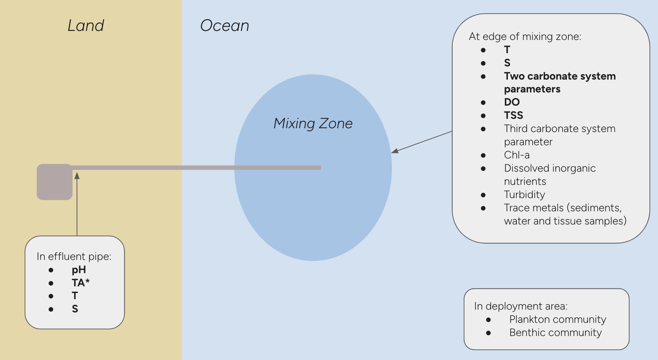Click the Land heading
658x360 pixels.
point(86,26)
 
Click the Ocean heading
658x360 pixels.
point(225,26)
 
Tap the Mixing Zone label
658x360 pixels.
point(313,124)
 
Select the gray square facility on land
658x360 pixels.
point(55,182)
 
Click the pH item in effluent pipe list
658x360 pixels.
point(79,270)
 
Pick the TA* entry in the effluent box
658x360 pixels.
point(81,283)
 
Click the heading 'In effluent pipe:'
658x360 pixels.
point(74,256)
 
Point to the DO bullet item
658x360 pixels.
point(512,102)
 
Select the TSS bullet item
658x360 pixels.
point(513,115)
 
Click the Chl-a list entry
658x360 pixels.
point(517,155)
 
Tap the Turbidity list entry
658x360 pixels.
point(524,195)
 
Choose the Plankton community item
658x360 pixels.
point(558,319)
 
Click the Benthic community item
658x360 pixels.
point(555,333)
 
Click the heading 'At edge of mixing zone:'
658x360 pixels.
point(525,36)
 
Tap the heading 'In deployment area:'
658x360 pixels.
point(521,306)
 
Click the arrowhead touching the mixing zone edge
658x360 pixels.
point(395,151)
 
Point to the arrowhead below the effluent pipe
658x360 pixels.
point(77,176)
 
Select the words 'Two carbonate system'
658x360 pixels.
point(560,76)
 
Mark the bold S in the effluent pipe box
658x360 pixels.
point(75,309)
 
